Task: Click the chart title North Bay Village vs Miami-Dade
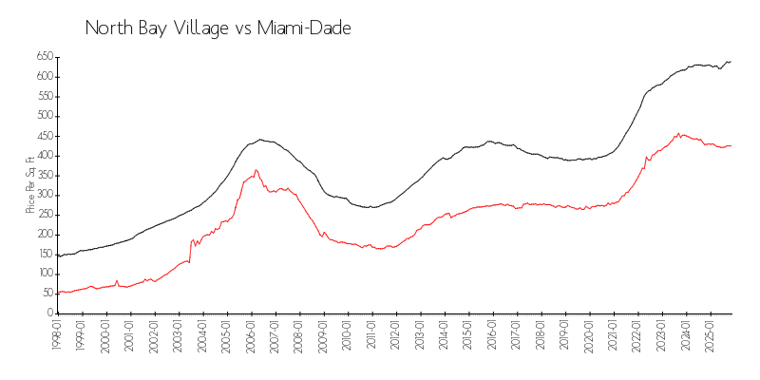(x=218, y=28)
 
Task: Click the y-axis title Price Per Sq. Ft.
(x=30, y=184)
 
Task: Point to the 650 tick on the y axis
(x=44, y=57)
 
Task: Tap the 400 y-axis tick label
(x=44, y=156)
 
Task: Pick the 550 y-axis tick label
(x=44, y=97)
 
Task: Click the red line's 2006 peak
(x=256, y=170)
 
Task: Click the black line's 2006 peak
(x=260, y=140)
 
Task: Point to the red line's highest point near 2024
(x=678, y=133)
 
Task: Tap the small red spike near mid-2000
(x=117, y=280)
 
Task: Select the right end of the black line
(x=731, y=62)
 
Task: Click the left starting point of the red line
(x=57, y=293)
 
